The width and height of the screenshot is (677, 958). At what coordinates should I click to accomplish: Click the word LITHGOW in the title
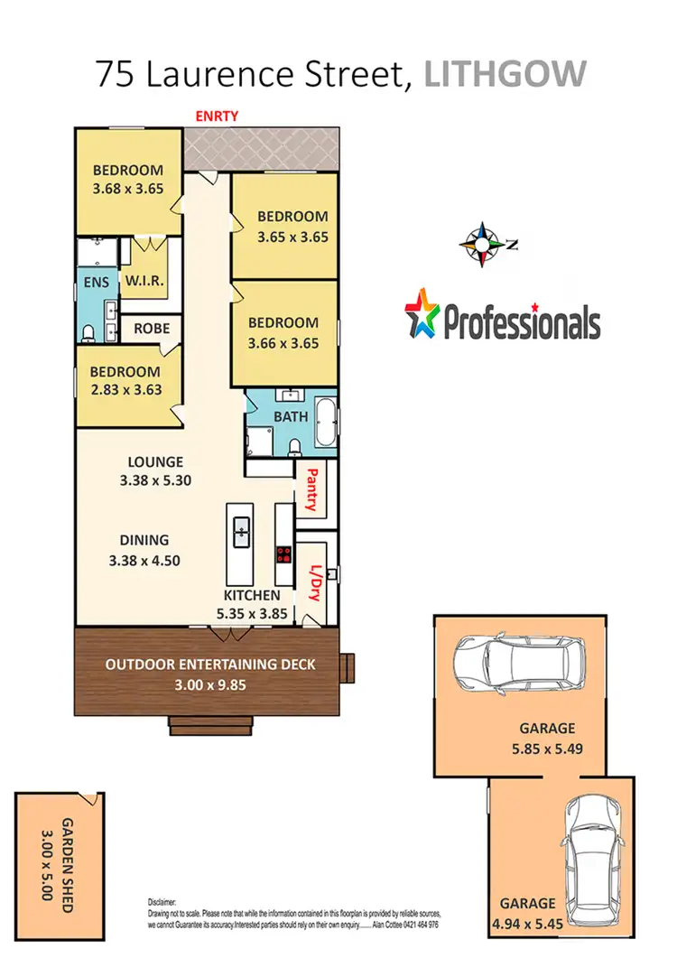point(505,74)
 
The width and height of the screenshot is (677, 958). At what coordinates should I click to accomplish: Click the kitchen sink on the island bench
point(242,530)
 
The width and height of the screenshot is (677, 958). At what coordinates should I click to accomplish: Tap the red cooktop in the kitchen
point(283,554)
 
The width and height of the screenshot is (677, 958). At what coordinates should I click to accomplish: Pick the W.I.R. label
point(144,282)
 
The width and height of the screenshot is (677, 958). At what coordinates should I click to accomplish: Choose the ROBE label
point(152,329)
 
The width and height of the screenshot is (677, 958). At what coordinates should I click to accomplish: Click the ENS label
point(97,283)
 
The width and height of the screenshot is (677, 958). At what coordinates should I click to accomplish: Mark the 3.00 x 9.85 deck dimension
point(210,684)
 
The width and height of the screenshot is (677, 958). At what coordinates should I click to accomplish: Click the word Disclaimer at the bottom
point(162,901)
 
